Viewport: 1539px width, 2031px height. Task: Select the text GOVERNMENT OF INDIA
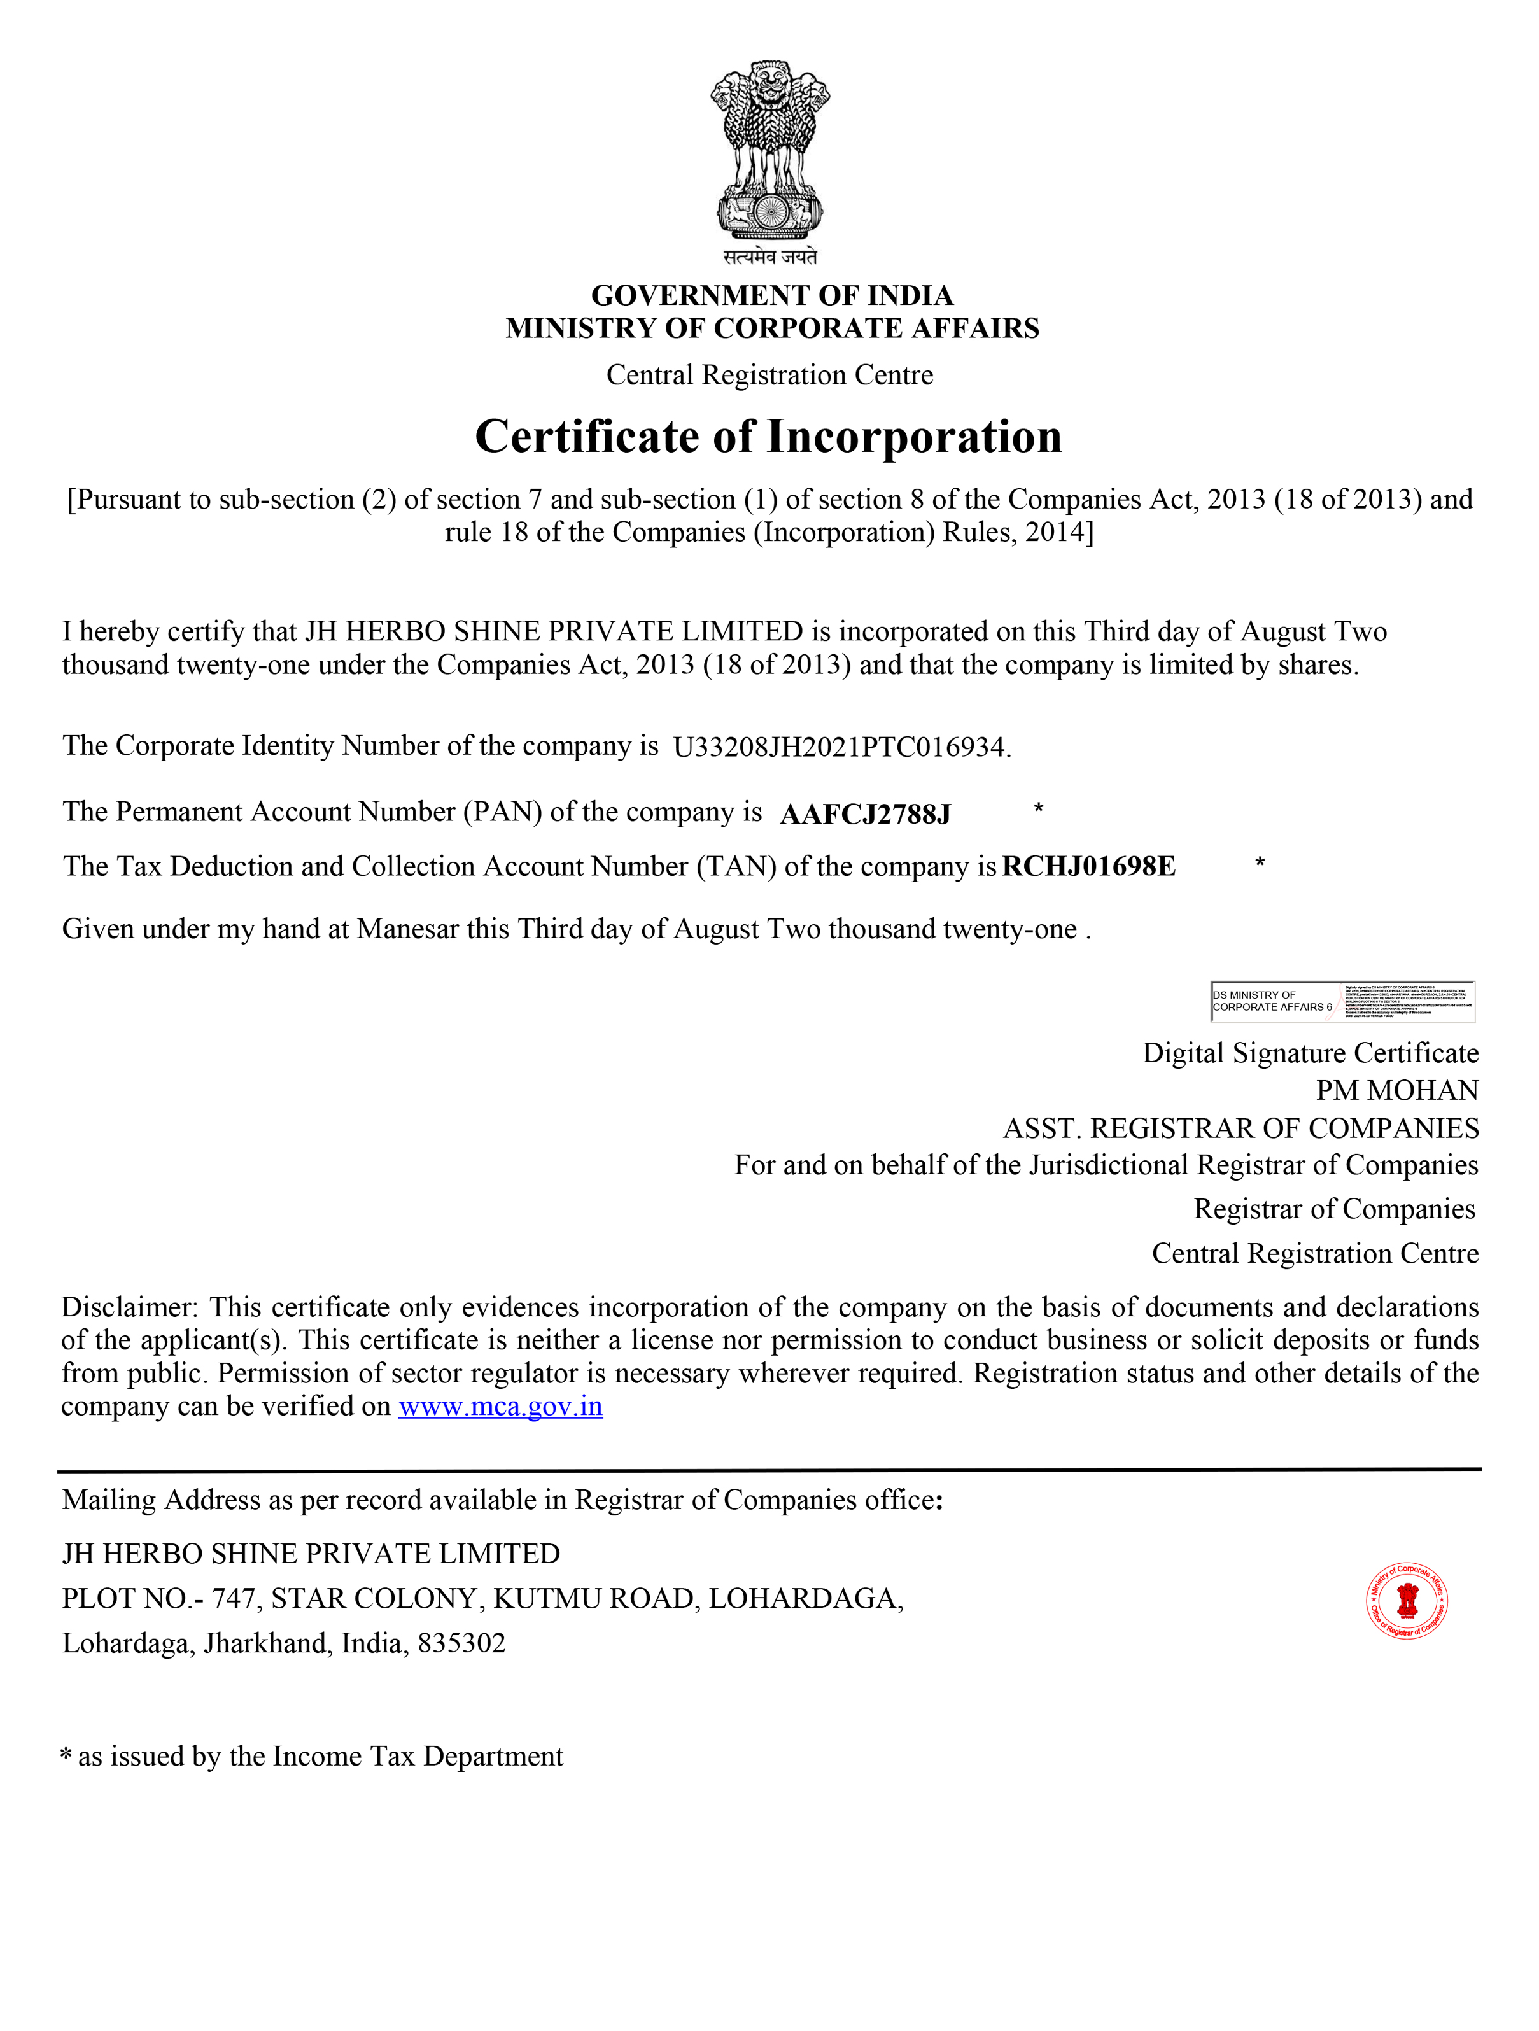[x=771, y=296]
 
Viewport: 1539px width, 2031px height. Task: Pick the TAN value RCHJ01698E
[x=1088, y=867]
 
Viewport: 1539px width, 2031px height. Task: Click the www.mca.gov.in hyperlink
[x=500, y=1407]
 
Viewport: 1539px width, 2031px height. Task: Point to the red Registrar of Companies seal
[x=1407, y=1600]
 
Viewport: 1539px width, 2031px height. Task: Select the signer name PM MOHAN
[x=1396, y=1091]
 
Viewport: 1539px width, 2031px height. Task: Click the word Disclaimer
[x=129, y=1307]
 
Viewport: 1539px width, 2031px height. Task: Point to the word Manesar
[x=407, y=929]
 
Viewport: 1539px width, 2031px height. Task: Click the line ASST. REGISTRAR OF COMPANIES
[x=1240, y=1128]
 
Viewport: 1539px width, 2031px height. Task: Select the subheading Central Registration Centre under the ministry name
[x=769, y=376]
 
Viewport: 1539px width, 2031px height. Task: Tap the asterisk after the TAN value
[x=1260, y=863]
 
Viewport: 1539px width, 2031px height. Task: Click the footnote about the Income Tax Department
[x=313, y=1757]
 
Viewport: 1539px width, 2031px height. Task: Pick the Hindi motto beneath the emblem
[x=769, y=257]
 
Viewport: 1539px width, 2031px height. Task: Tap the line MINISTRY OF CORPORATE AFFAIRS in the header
[x=771, y=328]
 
